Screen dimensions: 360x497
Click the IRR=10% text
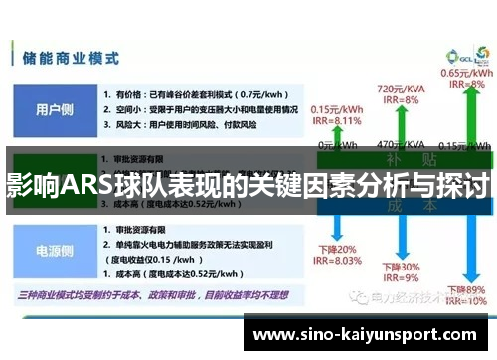(465, 300)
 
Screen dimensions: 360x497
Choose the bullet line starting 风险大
(179, 125)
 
